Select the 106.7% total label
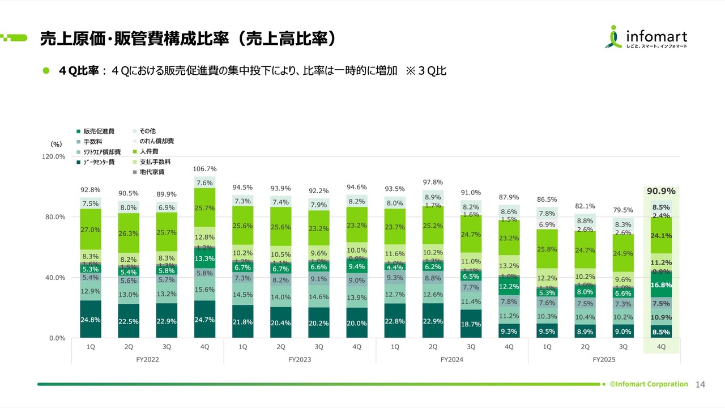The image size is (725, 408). click(x=204, y=169)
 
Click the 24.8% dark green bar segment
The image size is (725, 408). click(x=90, y=320)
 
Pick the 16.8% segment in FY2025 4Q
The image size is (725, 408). click(x=662, y=286)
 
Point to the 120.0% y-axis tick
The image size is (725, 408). click(x=54, y=156)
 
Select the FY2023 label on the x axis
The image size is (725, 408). click(x=300, y=360)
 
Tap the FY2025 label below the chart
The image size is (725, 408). click(x=604, y=360)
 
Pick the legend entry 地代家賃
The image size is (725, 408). click(x=152, y=172)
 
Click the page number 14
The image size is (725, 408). click(x=700, y=385)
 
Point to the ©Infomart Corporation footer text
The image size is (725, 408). click(x=649, y=384)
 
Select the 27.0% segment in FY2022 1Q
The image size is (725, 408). click(x=90, y=229)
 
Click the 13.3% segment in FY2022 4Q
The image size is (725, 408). click(x=204, y=259)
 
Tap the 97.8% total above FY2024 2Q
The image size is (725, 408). click(x=433, y=182)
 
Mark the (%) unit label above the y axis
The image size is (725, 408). click(x=56, y=144)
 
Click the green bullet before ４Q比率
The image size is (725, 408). click(x=47, y=72)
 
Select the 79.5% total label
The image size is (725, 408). click(x=623, y=210)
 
